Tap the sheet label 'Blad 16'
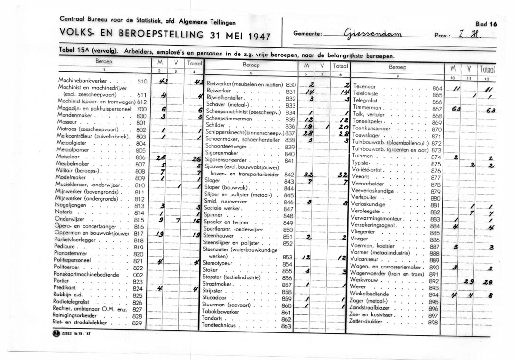tap(485, 24)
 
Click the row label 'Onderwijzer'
tap(70, 220)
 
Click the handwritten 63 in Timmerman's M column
tap(456, 110)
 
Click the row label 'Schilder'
tap(216, 125)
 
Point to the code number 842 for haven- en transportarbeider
tap(289, 175)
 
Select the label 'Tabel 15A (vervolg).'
tap(87, 51)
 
